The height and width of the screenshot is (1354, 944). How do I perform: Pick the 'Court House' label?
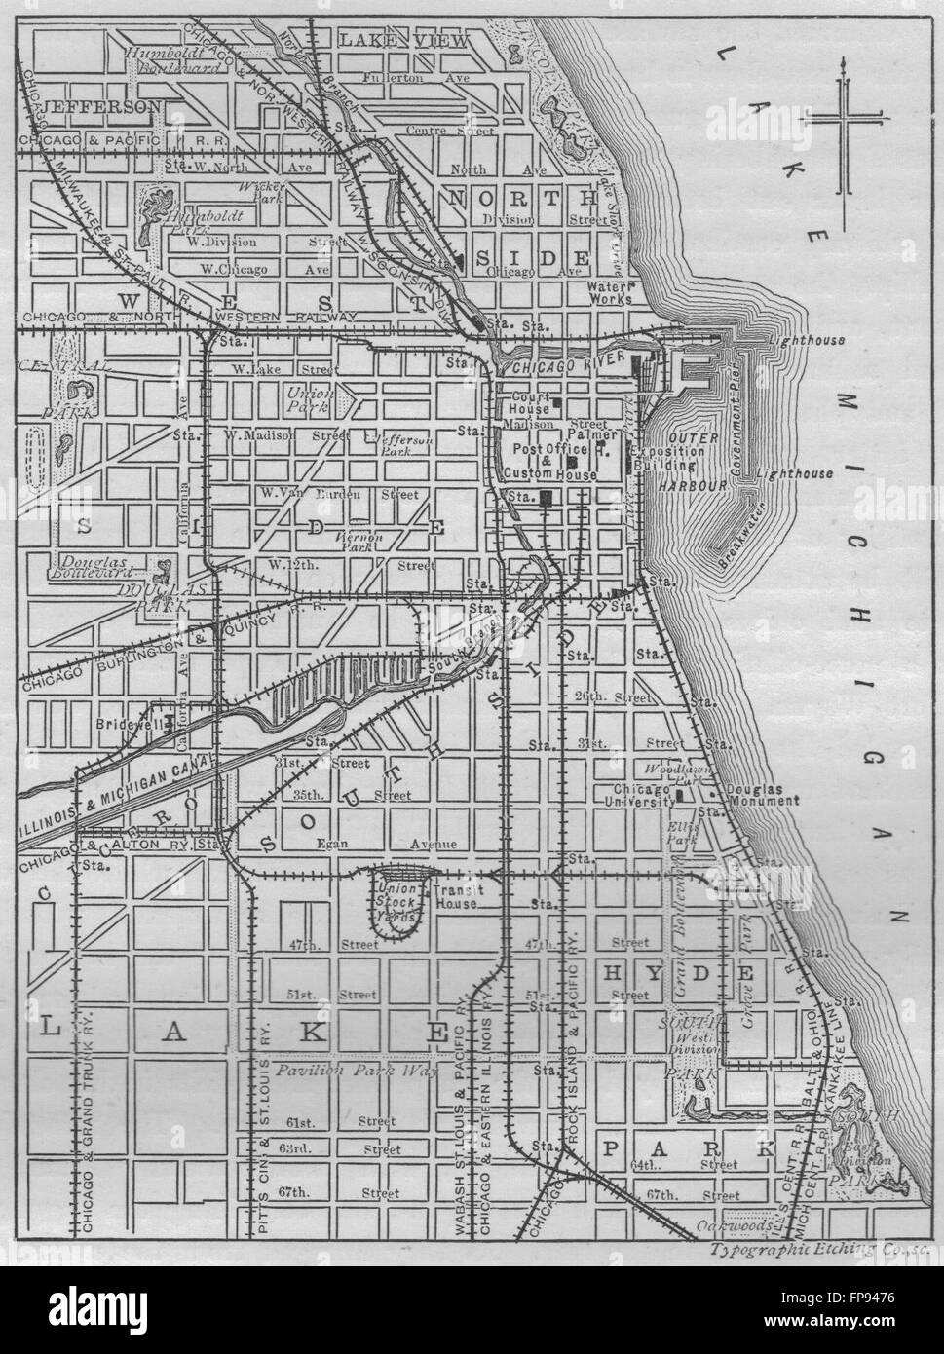point(530,403)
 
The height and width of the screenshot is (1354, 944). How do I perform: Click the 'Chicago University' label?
point(643,795)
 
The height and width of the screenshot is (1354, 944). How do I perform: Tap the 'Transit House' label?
point(456,896)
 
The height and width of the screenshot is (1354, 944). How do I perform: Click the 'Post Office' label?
point(530,448)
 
